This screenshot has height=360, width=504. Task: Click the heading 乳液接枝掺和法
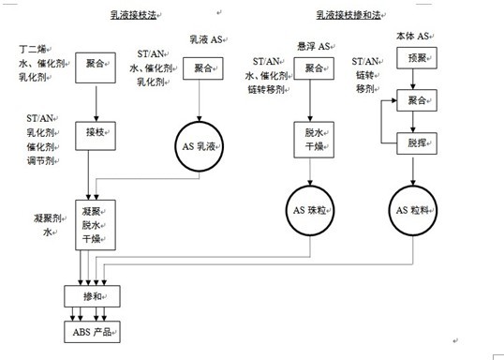[x=347, y=15]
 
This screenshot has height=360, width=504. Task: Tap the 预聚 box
[x=417, y=59]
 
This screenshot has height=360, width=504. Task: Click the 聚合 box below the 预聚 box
[x=417, y=100]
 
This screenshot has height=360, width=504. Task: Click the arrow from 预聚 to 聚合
[x=417, y=80]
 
